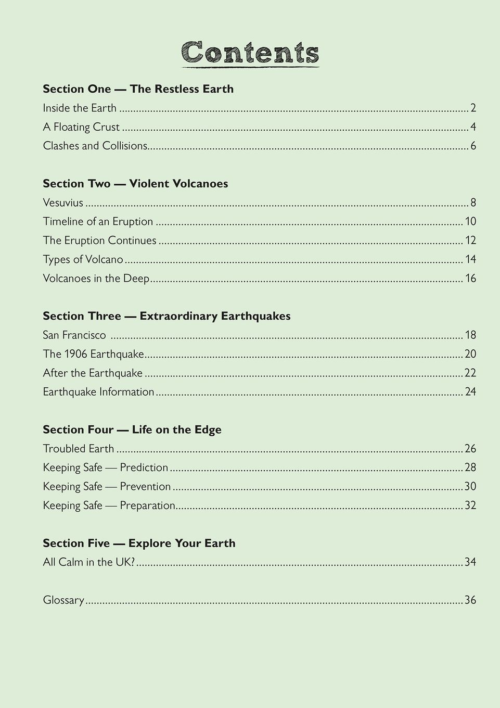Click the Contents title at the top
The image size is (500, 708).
click(x=250, y=53)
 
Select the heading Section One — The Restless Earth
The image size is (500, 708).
click(x=138, y=89)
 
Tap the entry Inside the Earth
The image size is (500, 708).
click(x=80, y=108)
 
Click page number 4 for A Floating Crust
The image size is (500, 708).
click(x=473, y=127)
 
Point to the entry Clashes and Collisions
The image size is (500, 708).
click(x=95, y=146)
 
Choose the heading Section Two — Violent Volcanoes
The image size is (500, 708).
click(x=135, y=184)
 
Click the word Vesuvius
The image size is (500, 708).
click(x=63, y=203)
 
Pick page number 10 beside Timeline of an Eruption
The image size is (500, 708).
click(x=470, y=221)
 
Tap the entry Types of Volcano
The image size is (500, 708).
click(x=83, y=259)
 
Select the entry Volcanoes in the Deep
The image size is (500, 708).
click(x=96, y=278)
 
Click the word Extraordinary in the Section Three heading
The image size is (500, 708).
click(x=178, y=316)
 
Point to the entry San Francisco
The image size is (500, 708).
click(x=74, y=335)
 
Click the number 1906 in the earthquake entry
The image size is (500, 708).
click(x=75, y=354)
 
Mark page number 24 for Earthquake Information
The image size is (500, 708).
click(x=470, y=391)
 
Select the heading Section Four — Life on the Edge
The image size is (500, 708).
click(x=132, y=429)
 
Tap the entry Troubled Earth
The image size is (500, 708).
click(x=79, y=449)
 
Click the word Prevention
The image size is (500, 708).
click(x=145, y=486)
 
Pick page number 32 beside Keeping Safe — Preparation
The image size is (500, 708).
click(x=470, y=505)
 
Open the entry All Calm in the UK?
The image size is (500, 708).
click(x=89, y=562)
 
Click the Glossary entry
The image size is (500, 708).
click(x=63, y=600)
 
